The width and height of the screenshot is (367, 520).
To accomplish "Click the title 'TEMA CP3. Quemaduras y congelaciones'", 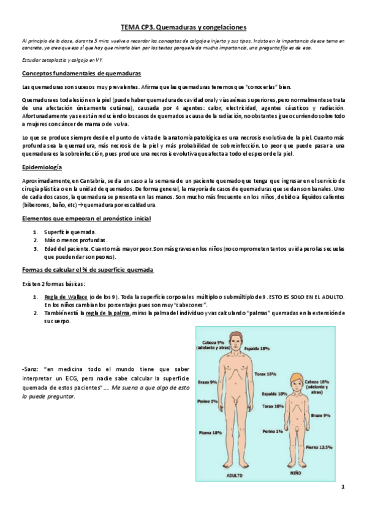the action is (x=183, y=27).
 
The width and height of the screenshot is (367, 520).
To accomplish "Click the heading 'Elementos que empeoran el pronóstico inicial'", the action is (x=85, y=218).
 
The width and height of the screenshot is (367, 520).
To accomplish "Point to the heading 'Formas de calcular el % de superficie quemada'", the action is (x=87, y=270).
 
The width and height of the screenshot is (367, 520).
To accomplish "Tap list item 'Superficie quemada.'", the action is (x=70, y=232).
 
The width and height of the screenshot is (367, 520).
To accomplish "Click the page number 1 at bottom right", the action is (x=344, y=487).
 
